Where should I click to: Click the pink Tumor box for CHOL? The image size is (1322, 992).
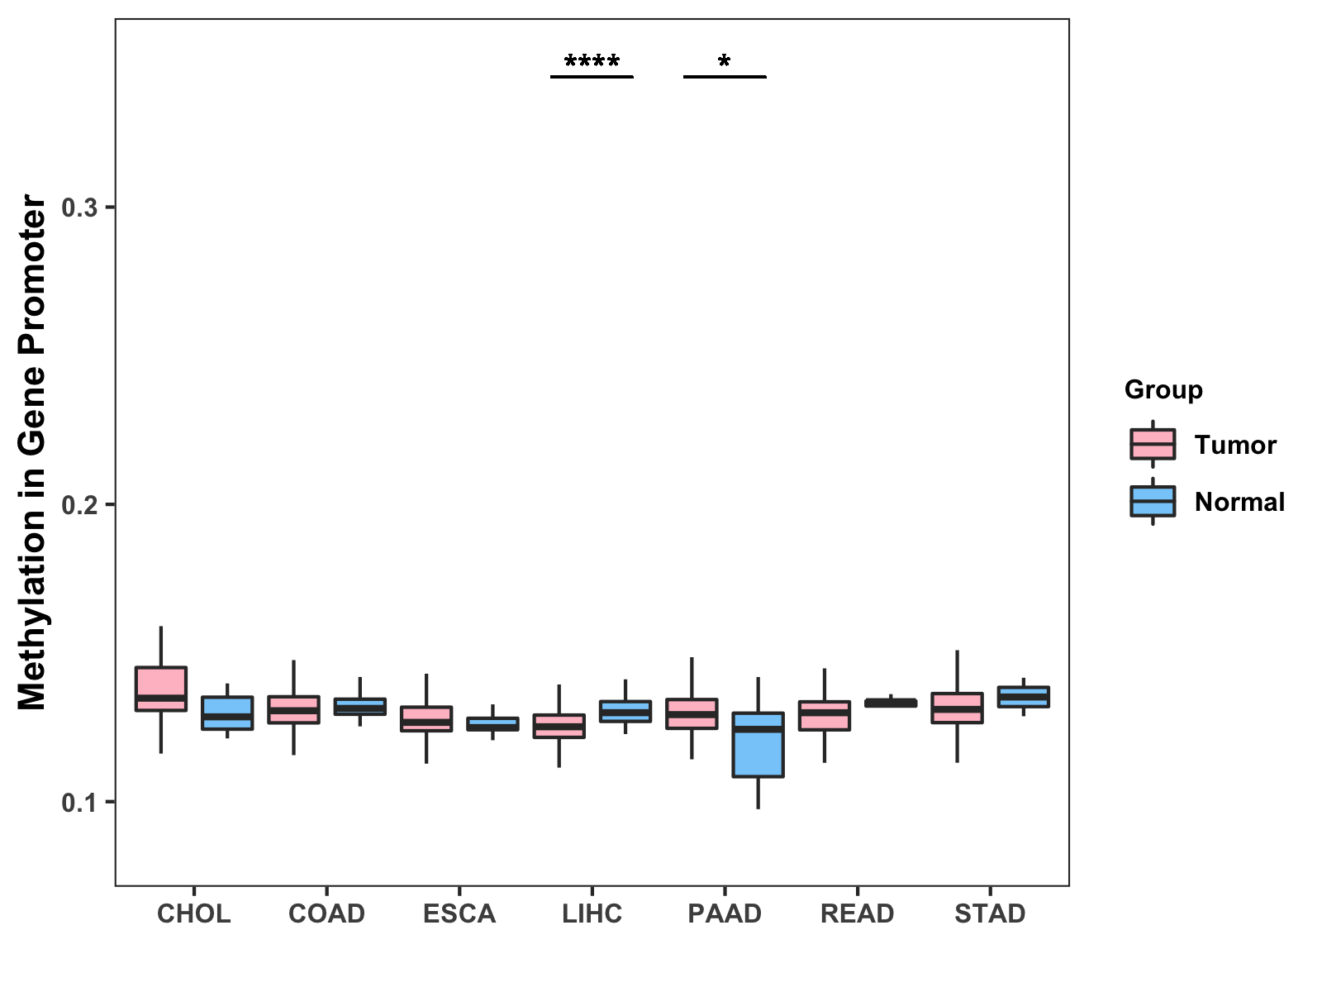(x=161, y=688)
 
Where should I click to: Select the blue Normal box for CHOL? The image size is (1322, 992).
(x=227, y=713)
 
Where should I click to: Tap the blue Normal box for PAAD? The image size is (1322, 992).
(x=758, y=745)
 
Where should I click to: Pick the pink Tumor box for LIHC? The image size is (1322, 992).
(x=559, y=725)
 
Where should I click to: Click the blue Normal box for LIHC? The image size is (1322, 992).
(x=625, y=711)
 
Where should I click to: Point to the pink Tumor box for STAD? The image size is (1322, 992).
(x=957, y=708)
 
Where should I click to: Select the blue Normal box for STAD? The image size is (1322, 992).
(x=1023, y=696)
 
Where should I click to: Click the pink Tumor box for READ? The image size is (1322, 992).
(x=824, y=715)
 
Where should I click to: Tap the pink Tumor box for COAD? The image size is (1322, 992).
(x=293, y=709)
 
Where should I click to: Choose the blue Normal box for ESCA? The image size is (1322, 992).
(x=492, y=723)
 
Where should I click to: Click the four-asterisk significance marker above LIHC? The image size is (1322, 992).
(x=592, y=63)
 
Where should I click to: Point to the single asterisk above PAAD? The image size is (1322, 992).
(x=725, y=63)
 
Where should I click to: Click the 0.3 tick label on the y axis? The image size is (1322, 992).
(x=79, y=207)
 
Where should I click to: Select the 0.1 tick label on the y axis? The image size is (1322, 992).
(x=79, y=803)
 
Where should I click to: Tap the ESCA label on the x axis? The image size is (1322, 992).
(x=459, y=913)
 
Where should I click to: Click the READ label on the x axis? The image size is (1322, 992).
(x=857, y=913)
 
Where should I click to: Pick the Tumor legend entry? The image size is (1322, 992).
(x=1234, y=445)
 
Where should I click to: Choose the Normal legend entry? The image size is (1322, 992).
(x=1239, y=502)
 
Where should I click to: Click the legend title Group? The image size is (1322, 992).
(x=1163, y=389)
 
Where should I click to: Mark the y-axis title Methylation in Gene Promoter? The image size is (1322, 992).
(x=33, y=452)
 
